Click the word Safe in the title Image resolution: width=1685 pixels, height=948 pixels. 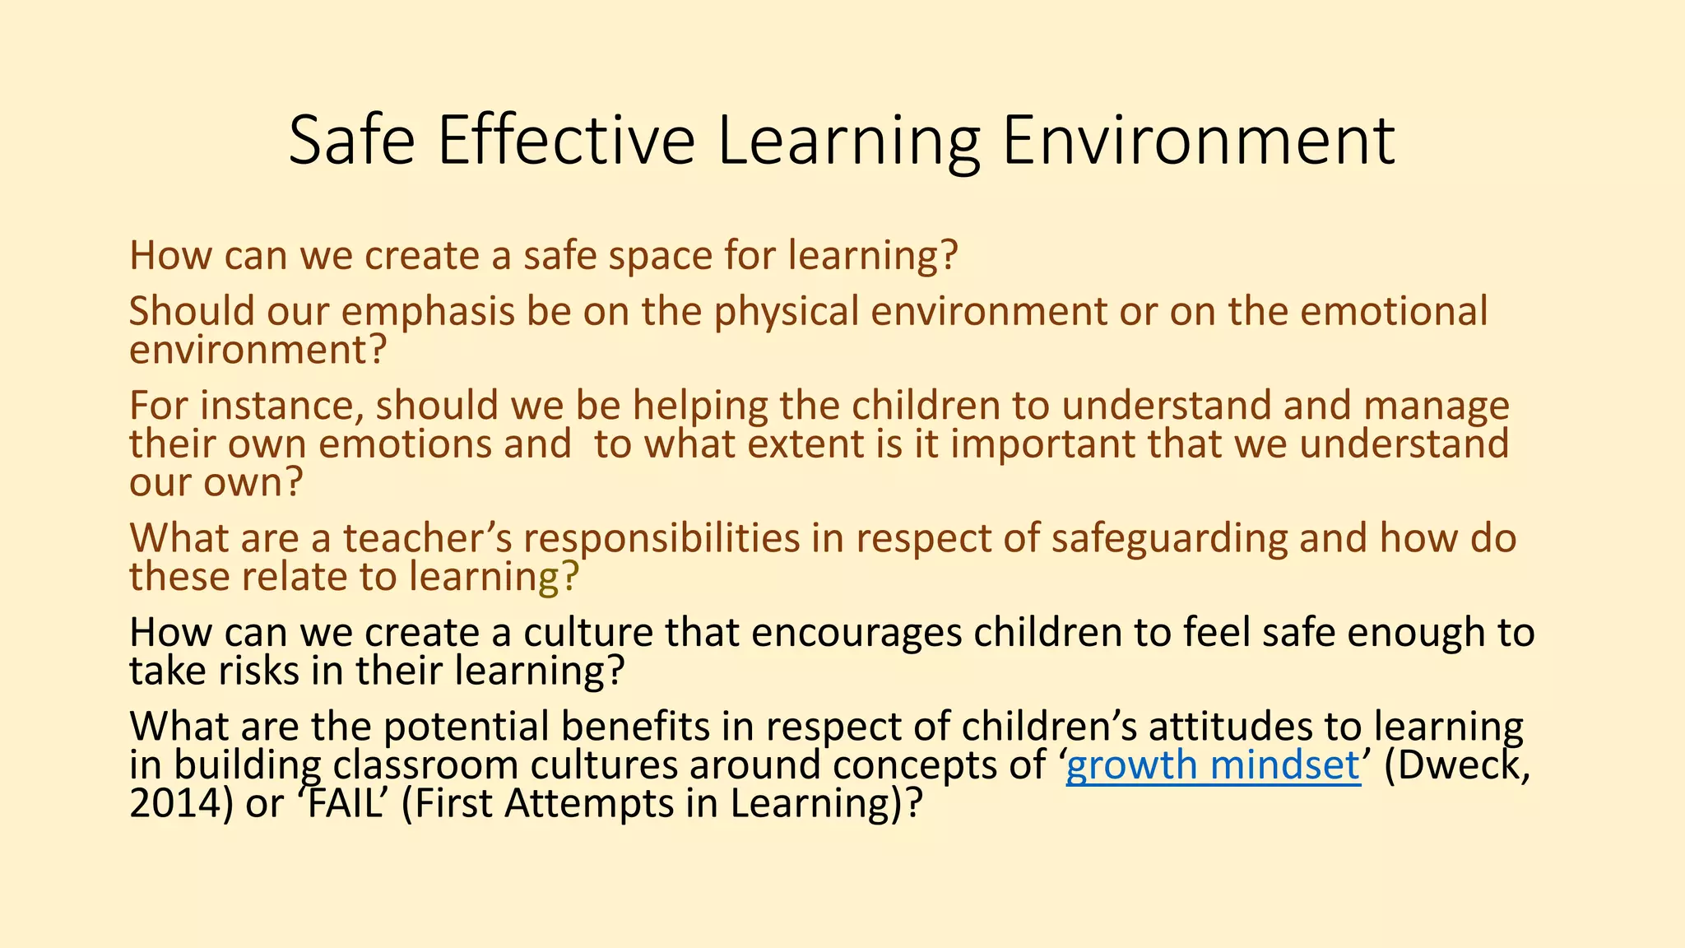click(x=352, y=141)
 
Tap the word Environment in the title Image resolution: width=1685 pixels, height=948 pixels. click(x=1198, y=141)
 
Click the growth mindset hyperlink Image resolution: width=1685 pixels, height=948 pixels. click(x=1213, y=765)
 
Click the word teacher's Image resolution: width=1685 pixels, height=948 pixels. click(x=428, y=538)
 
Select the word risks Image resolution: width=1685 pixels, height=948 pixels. click(x=258, y=671)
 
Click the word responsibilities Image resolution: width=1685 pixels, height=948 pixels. click(x=661, y=538)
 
